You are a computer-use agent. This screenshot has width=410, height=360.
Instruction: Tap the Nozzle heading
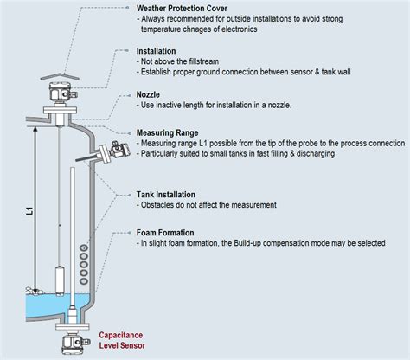coord(154,94)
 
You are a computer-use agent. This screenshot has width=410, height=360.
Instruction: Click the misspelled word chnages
coord(207,29)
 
